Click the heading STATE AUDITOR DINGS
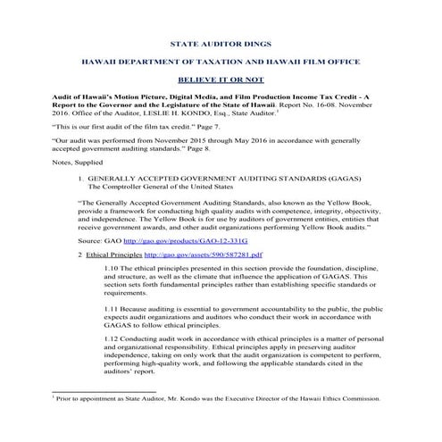coord(220,42)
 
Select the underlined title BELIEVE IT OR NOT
coord(220,79)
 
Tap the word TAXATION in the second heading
coord(221,61)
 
